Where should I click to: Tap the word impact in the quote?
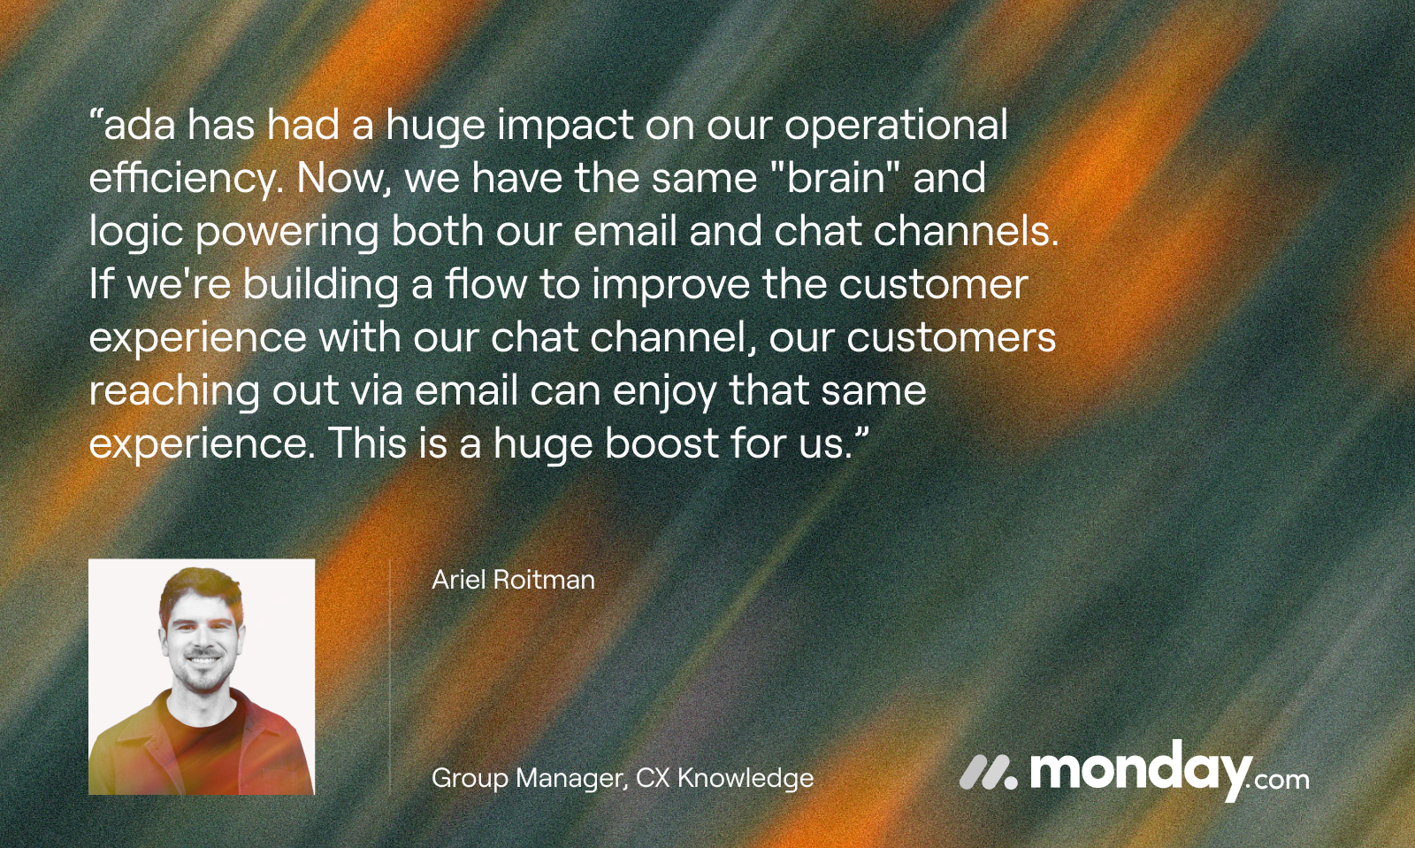point(565,127)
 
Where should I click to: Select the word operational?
point(896,127)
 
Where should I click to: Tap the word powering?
point(287,233)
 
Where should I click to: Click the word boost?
point(662,443)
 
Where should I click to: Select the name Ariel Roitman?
point(513,580)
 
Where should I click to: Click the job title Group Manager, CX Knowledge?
point(623,779)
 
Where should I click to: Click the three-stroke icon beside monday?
point(989,772)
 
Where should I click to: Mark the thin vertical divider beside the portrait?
point(390,676)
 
